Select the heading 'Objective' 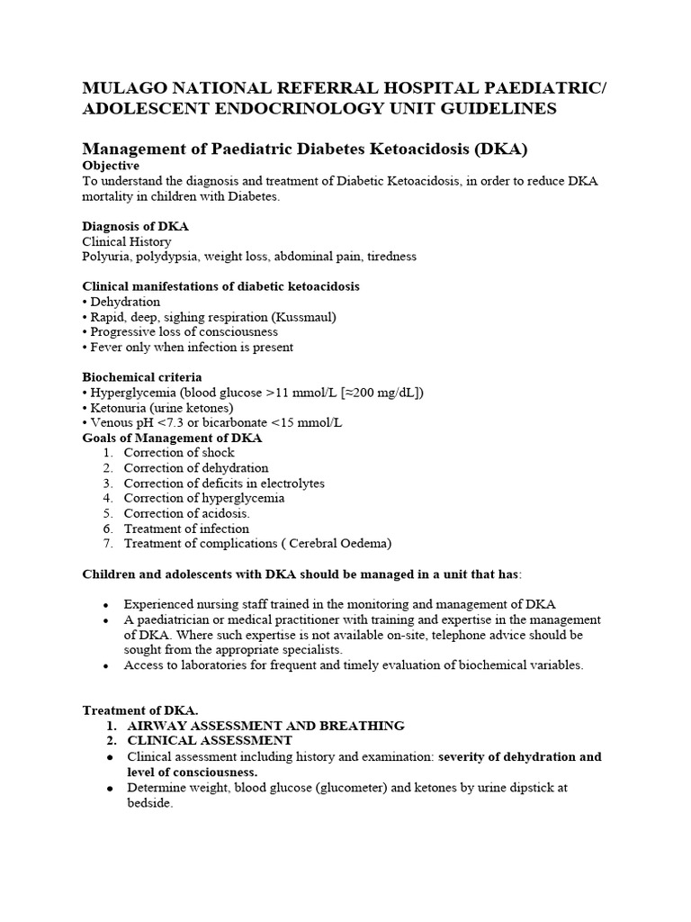coord(111,166)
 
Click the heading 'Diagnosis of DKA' coord(136,226)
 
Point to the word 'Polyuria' coord(106,257)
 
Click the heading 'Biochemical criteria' coord(142,377)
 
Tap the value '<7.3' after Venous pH coord(170,423)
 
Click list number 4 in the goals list coord(108,498)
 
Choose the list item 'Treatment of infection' coord(186,529)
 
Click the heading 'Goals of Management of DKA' coord(172,438)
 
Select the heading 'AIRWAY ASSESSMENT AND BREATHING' coord(266,725)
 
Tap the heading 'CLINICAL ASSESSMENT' coord(210,740)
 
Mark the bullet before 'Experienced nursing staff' coord(107,605)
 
